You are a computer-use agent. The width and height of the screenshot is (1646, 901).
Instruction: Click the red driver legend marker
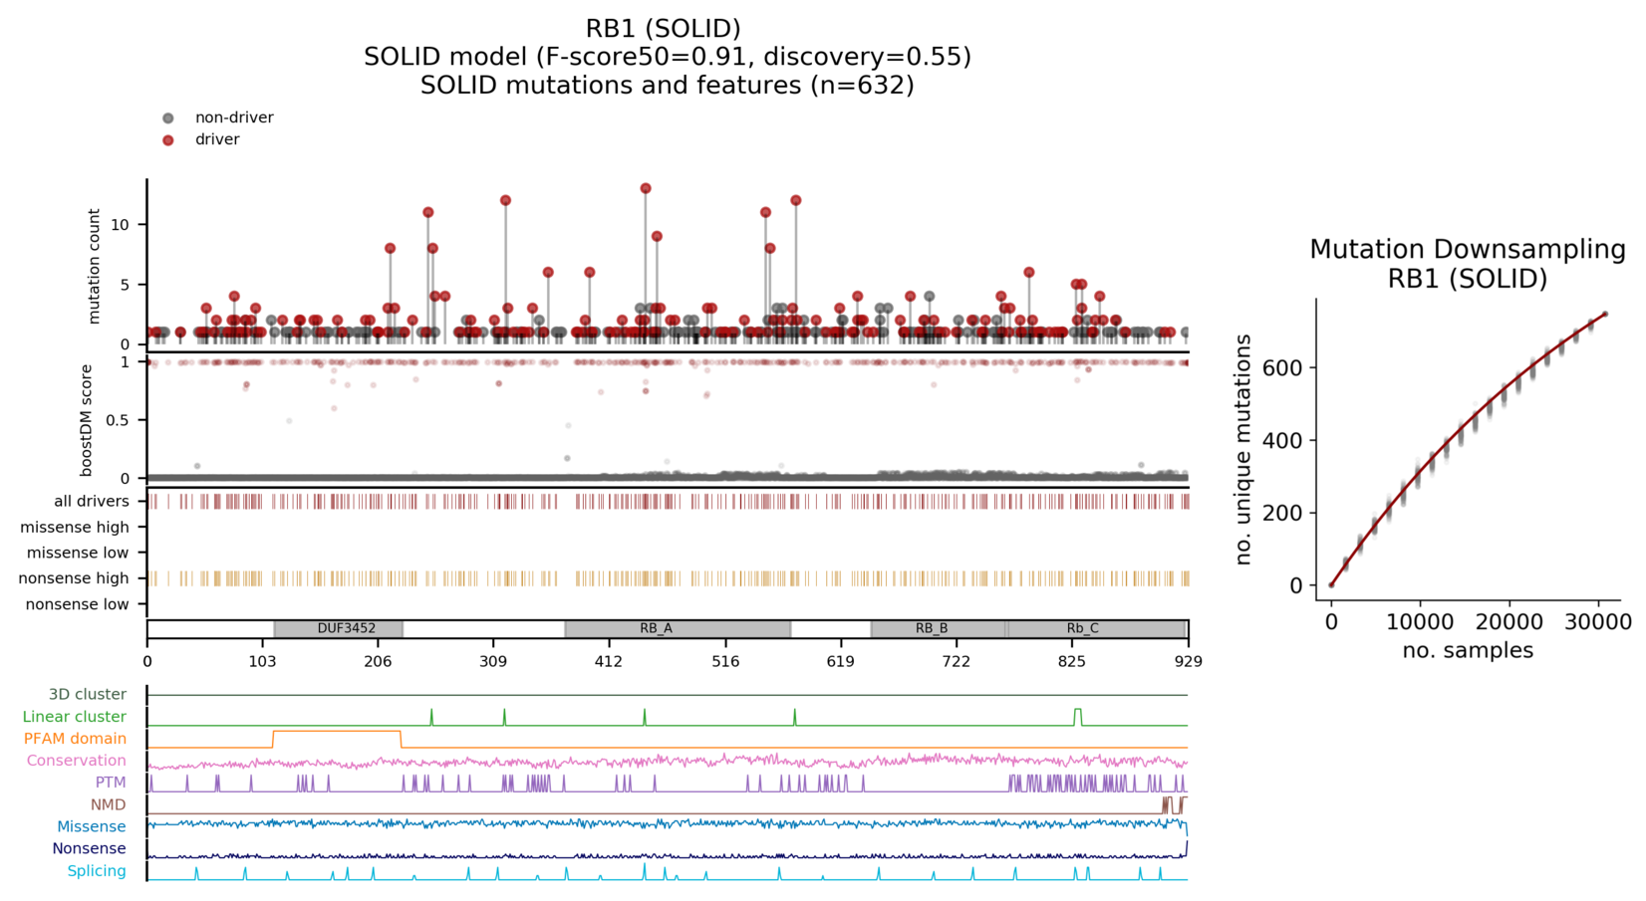click(168, 140)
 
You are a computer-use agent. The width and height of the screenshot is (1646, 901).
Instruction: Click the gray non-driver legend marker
click(168, 118)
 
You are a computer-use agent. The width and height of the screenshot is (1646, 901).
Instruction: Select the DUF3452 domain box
click(339, 629)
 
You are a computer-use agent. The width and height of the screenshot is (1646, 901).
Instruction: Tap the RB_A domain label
click(656, 629)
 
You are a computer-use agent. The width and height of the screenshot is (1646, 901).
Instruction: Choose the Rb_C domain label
click(1082, 629)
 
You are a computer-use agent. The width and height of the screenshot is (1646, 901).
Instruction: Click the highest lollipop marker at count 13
click(646, 188)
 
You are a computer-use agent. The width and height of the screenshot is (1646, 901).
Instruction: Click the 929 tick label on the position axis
click(1188, 661)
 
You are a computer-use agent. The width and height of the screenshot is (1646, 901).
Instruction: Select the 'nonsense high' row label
click(75, 578)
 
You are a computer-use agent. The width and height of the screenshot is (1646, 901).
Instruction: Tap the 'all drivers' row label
click(91, 502)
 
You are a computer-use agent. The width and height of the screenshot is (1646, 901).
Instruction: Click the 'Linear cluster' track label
click(75, 717)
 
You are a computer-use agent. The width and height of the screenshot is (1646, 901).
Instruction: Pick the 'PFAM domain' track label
click(75, 739)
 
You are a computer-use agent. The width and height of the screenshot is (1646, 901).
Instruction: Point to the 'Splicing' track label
click(97, 871)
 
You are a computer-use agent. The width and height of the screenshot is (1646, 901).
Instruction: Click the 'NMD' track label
click(109, 804)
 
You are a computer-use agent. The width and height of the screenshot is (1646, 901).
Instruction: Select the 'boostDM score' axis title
click(87, 420)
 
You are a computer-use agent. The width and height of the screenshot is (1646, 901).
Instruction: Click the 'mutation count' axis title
click(95, 266)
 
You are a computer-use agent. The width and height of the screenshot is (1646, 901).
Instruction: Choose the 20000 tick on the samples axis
click(1509, 623)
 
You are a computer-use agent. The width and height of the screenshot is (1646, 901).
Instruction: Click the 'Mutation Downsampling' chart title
click(1467, 250)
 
